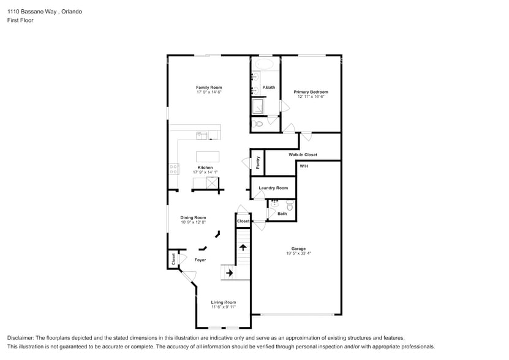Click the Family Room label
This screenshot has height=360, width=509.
tap(208, 88)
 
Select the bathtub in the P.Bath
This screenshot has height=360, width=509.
tap(265, 64)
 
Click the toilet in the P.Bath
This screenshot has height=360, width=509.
tap(258, 124)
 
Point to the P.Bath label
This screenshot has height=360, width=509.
tap(268, 88)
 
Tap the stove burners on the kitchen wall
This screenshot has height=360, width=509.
tap(173, 170)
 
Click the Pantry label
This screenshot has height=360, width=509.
tap(258, 162)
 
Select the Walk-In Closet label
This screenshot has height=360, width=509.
tap(303, 155)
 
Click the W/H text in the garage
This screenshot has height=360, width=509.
tap(304, 166)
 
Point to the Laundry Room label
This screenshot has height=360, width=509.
tap(273, 188)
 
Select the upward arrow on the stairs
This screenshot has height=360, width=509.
tap(243, 248)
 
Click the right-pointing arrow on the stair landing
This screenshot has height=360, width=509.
tap(229, 273)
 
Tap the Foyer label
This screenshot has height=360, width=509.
tap(200, 260)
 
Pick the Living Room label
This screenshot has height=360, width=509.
tap(223, 302)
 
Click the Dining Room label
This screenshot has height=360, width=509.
tap(193, 217)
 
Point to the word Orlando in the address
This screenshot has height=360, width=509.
tap(71, 12)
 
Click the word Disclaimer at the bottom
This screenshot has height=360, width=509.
tap(21, 338)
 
